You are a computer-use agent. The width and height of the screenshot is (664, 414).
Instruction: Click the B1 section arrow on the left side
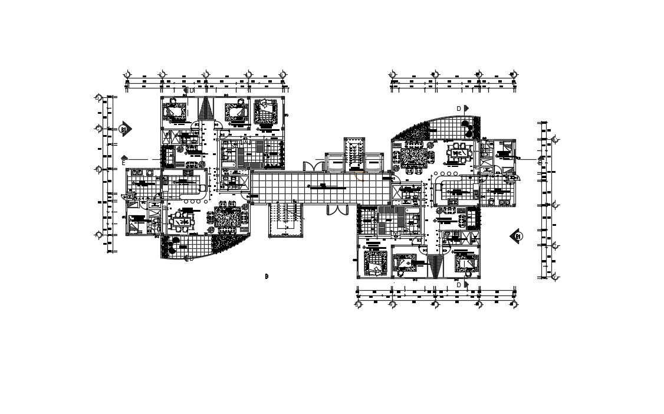(x=124, y=129)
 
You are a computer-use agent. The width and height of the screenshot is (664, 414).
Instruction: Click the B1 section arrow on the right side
(x=517, y=236)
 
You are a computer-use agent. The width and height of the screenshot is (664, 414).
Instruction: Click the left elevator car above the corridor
(x=334, y=162)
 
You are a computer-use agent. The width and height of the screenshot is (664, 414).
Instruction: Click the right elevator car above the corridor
(x=374, y=162)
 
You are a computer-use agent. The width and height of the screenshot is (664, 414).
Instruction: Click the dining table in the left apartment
(x=182, y=223)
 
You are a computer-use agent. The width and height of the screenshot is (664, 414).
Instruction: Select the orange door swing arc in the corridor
(x=359, y=175)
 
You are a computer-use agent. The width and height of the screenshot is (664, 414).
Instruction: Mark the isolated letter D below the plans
(x=267, y=276)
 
